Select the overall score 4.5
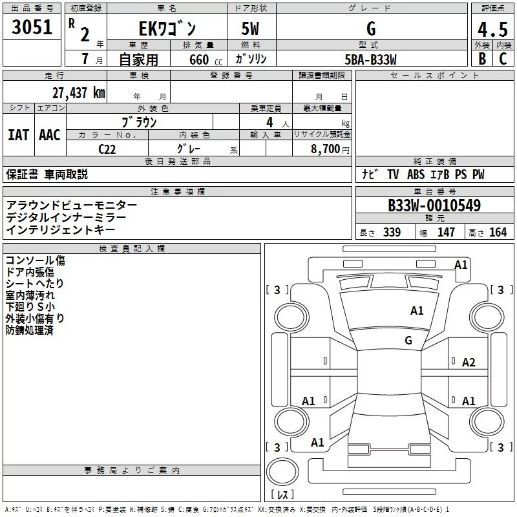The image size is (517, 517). point(492,30)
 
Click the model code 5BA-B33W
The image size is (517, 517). point(371,59)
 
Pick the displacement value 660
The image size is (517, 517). point(198,60)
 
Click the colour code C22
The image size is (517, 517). point(108,148)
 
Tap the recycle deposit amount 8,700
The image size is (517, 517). point(326,148)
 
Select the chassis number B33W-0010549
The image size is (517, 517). point(434,206)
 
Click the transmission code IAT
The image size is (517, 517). point(18,135)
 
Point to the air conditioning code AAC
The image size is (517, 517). point(50,135)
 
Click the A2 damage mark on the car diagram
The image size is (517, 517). point(469,363)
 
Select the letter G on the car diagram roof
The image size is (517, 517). point(408,340)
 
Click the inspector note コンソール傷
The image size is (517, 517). point(35,260)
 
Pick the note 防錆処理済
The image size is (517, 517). point(30,330)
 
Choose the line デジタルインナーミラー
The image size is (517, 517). point(66,217)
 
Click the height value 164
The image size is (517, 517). point(498,233)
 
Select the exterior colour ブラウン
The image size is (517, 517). point(140,121)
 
